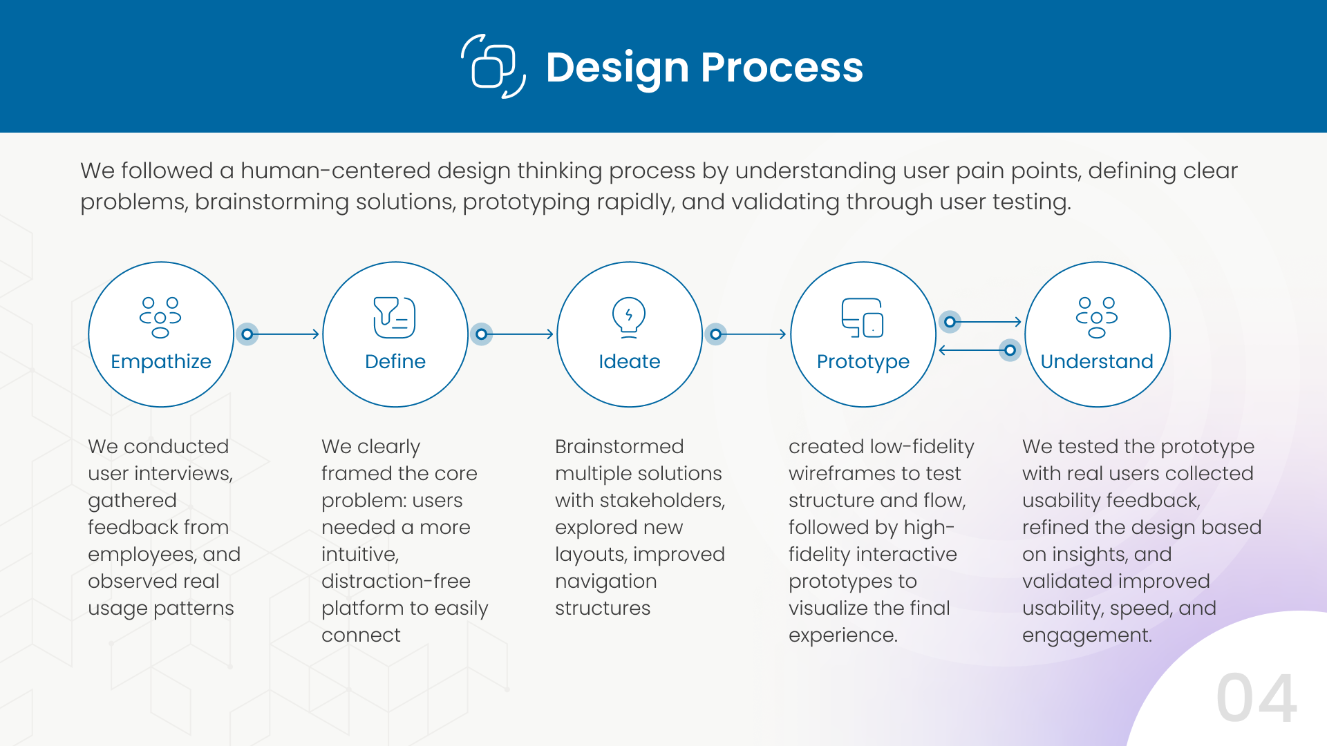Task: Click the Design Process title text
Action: coord(704,68)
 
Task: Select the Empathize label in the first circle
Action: coord(161,361)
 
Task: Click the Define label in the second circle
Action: coord(395,361)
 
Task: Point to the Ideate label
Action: coord(629,361)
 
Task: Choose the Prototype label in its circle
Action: coord(863,361)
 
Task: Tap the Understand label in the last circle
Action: coord(1097,361)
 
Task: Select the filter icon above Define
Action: coord(395,318)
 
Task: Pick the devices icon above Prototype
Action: coord(863,318)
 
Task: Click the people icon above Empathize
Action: coord(160,318)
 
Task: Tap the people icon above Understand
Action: coord(1097,318)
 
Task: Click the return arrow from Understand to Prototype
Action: coord(975,350)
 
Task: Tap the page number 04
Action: coord(1257,698)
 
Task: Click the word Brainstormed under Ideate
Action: coord(619,446)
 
